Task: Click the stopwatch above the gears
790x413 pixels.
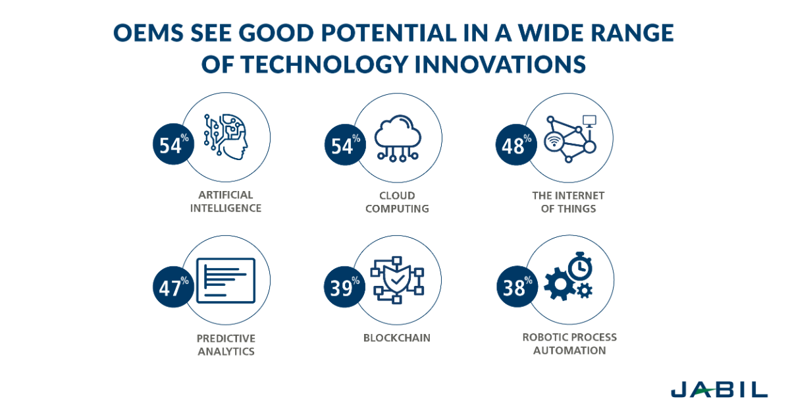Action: pyautogui.click(x=578, y=265)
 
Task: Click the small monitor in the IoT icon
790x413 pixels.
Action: pyautogui.click(x=589, y=121)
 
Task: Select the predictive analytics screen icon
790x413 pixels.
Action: pyautogui.click(x=226, y=280)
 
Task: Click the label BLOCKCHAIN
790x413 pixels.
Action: pyautogui.click(x=397, y=338)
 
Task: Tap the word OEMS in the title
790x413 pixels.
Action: pyautogui.click(x=149, y=33)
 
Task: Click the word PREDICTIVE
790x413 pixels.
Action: pyautogui.click(x=226, y=338)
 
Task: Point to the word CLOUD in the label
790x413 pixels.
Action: pyautogui.click(x=397, y=196)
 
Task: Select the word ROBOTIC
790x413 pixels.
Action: pyautogui.click(x=544, y=337)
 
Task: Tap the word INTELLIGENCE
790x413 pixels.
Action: pyautogui.click(x=226, y=208)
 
